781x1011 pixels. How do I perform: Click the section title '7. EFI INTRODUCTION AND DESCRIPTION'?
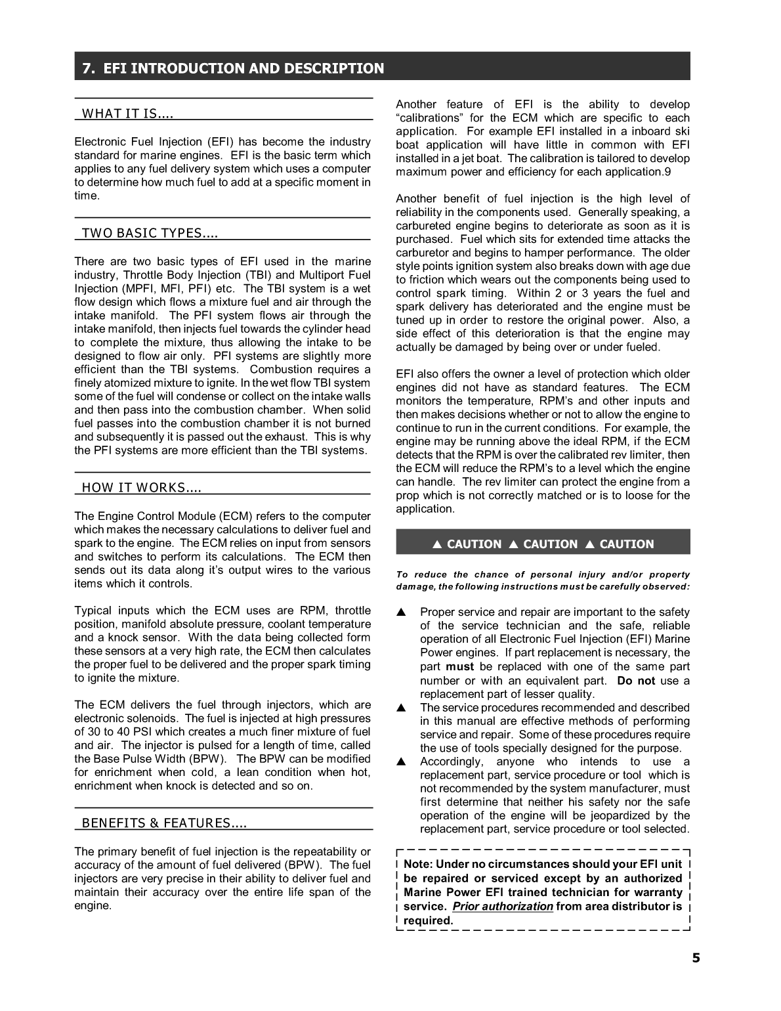233,68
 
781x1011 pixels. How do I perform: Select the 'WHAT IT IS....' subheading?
127,114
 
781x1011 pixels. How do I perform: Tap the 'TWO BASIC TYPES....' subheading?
150,233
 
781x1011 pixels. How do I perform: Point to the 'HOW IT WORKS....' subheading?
141,487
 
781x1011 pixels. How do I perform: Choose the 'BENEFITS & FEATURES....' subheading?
164,823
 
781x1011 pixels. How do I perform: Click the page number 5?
696,958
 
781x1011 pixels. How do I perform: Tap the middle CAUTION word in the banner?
550,544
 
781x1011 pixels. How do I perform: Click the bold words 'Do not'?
636,681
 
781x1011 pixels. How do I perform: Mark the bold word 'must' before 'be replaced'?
459,667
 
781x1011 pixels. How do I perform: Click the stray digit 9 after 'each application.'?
667,172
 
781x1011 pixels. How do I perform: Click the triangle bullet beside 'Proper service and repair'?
402,613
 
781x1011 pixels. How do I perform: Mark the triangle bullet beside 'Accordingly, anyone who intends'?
402,762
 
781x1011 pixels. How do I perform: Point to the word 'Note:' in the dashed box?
418,865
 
